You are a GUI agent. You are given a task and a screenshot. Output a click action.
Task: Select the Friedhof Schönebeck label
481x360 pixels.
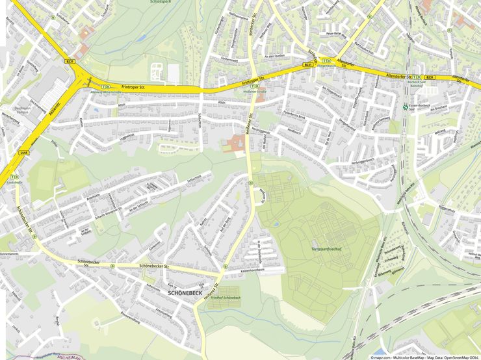click(221, 298)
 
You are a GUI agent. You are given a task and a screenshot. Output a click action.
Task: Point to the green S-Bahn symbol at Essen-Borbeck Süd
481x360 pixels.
click(406, 107)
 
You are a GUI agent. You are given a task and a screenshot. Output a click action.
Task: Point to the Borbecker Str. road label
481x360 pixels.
click(250, 26)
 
